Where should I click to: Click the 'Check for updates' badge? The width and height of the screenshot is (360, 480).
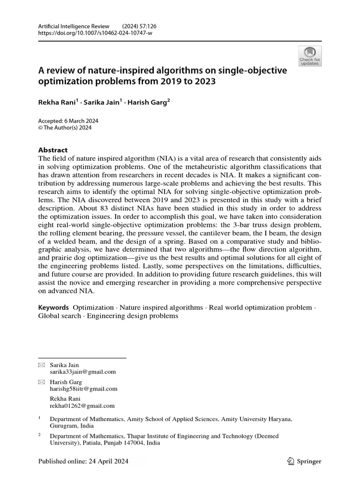coord(309,56)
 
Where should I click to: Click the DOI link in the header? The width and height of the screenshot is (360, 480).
coord(96,33)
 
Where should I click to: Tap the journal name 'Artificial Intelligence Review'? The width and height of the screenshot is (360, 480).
coord(73,26)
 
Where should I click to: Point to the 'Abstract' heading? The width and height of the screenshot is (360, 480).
coord(52,150)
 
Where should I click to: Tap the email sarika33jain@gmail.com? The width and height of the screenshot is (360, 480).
coord(82,372)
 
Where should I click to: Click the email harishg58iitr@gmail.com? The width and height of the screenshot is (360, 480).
coord(83,389)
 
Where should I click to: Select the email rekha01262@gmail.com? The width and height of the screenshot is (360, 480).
coord(82,406)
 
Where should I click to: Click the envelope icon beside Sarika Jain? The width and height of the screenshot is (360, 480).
coord(41,365)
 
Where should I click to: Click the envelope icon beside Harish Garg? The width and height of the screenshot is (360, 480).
coord(41,382)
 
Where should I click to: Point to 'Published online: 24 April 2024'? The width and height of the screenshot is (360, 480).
coord(83,461)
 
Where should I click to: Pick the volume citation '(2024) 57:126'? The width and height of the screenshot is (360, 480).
coord(141,26)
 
